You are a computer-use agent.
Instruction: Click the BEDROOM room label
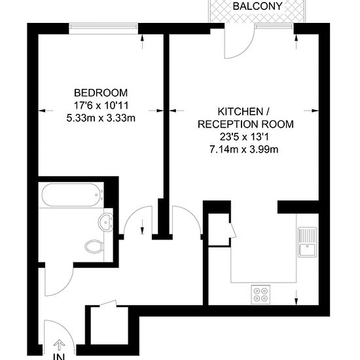(x=101, y=93)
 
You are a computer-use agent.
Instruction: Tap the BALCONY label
(x=257, y=6)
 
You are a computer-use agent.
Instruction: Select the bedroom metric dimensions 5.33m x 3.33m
(x=101, y=118)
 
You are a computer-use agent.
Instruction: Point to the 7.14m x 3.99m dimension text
(x=244, y=149)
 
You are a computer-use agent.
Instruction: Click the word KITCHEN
(x=240, y=111)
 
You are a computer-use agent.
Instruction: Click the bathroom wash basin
(x=106, y=222)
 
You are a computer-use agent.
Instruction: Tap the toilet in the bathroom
(x=95, y=247)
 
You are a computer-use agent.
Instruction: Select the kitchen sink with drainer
(x=308, y=242)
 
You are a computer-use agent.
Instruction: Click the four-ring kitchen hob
(x=261, y=295)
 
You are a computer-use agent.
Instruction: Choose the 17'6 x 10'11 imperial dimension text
(x=101, y=105)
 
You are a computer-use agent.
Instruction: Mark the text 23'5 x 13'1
(x=244, y=137)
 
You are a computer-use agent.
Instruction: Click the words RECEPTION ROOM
(x=245, y=124)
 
